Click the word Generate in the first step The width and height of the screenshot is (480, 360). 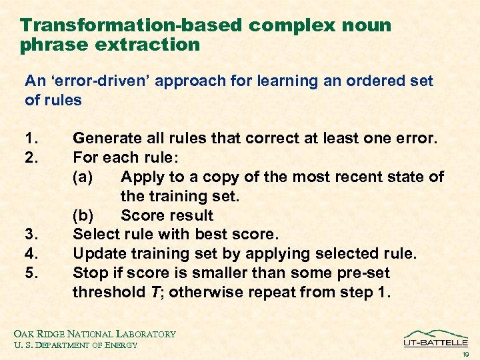[106, 139]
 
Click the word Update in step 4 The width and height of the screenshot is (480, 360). [98, 254]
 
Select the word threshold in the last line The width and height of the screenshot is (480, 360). [107, 293]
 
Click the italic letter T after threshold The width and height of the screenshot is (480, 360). [153, 293]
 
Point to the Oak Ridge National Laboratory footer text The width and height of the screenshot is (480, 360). [93, 333]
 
